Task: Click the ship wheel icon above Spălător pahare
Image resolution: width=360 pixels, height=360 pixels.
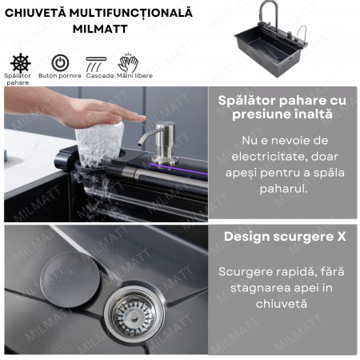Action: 21,63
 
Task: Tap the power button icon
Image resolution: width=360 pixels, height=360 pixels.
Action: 60,63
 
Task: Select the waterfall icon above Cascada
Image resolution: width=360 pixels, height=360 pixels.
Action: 96,64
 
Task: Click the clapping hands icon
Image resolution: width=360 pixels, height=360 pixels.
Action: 128,63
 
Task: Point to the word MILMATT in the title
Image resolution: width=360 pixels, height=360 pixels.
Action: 100,29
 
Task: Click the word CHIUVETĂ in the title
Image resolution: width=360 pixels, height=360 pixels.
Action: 35,13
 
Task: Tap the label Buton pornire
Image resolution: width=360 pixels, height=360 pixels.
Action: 60,76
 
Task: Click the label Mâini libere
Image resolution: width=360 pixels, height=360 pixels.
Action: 134,75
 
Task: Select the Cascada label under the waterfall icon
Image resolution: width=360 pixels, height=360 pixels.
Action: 100,76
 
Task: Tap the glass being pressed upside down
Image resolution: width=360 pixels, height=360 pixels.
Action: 99,144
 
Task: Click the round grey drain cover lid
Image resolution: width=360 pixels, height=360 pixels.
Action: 70,279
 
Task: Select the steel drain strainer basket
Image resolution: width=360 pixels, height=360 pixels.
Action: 134,314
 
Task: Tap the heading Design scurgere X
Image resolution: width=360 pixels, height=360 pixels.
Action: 285,237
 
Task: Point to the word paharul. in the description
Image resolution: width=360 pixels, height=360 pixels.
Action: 284,189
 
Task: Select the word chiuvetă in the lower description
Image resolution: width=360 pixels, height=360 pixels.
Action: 282,304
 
